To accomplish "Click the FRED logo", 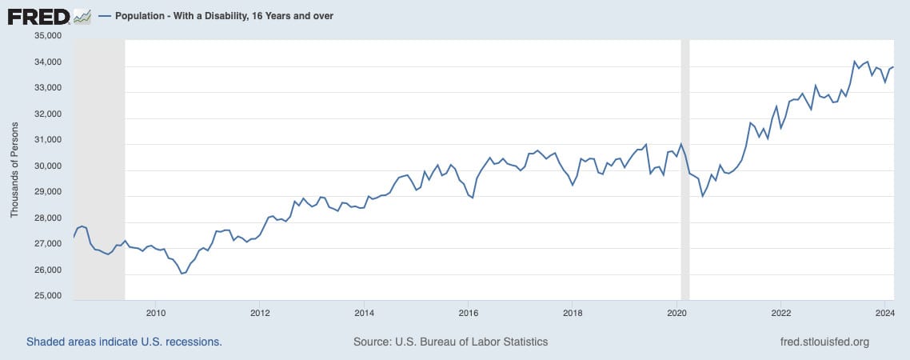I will [x=38, y=16].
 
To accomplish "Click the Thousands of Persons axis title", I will [x=14, y=166].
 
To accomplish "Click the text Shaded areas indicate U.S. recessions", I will [x=124, y=342].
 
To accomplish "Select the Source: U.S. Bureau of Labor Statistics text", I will [x=450, y=342].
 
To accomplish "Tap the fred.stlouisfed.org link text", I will [x=824, y=342].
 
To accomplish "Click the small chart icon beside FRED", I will [x=82, y=16].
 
